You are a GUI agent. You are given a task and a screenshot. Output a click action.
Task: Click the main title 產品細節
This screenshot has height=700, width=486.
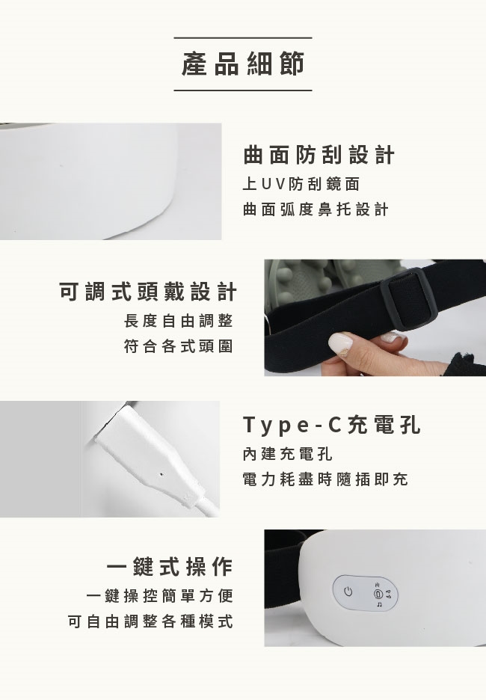point(243,64)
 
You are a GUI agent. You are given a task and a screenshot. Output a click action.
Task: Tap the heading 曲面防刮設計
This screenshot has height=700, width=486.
point(319,155)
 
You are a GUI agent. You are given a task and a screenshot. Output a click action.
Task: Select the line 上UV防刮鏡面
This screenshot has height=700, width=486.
point(301,184)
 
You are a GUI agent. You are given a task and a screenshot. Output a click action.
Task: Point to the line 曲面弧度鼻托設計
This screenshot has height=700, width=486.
point(316,209)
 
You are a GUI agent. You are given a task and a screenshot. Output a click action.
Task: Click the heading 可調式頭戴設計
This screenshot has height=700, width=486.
point(148,292)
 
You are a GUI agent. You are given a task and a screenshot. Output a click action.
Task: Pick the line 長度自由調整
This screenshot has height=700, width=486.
point(179,321)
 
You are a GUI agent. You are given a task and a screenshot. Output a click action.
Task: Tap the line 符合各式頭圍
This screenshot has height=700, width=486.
point(179,346)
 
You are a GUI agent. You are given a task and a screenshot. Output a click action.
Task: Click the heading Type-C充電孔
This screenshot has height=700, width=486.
point(332,425)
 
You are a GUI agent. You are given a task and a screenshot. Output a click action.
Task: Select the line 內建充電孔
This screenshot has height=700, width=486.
point(288,454)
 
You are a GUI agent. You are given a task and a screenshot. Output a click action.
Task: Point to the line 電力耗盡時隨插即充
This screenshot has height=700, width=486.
point(325,479)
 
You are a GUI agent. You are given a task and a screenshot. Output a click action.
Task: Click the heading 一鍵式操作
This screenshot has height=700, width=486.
point(170,567)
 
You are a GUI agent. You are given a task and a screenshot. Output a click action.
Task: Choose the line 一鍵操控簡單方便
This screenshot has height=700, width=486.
point(160,595)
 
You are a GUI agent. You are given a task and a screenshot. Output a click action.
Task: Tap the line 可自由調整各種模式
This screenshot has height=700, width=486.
point(150,621)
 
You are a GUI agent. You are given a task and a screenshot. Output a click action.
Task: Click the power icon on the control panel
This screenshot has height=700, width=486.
point(348,592)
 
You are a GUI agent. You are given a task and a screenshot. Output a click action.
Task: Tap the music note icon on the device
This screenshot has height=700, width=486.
point(379,604)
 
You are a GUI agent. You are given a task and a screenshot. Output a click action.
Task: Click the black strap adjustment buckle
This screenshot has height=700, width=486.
point(408,299)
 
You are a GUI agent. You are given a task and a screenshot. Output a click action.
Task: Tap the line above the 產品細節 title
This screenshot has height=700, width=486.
point(243,38)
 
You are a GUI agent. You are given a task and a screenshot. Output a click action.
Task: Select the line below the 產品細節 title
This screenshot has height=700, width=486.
point(243,90)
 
